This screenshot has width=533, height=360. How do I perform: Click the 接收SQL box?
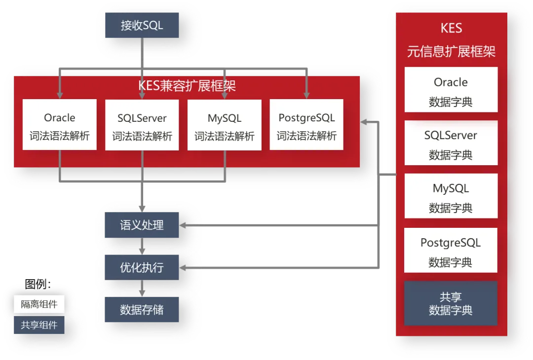pos(142,25)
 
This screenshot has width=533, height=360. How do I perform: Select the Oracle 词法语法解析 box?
pos(60,125)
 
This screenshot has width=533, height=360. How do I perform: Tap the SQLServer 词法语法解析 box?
pos(142,125)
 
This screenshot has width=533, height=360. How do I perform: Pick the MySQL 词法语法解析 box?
pos(225,125)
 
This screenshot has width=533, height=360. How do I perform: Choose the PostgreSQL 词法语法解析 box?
pos(306,125)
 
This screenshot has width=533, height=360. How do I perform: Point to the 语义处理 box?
pos(142,226)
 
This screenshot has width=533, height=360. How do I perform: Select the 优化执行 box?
pos(142,268)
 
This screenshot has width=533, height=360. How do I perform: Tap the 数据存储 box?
pos(142,310)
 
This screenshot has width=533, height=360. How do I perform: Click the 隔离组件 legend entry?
pos(39,304)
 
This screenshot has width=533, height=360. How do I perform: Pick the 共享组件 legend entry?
pos(39,325)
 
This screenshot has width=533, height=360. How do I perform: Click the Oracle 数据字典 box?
pos(451,90)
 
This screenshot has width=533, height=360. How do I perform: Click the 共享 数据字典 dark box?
pos(451,303)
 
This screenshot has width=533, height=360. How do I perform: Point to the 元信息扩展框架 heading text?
pos(451,51)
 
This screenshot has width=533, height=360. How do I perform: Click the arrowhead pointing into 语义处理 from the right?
pos(183,226)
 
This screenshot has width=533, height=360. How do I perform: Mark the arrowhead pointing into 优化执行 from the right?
pos(183,268)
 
